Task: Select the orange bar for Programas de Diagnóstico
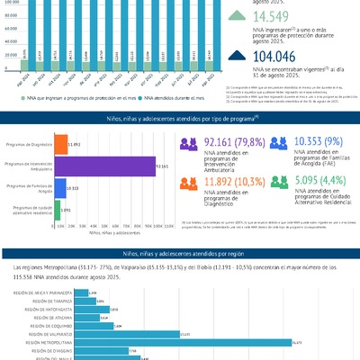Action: (61, 144)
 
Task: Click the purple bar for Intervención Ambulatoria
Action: (105, 166)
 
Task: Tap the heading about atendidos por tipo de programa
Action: (180, 118)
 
